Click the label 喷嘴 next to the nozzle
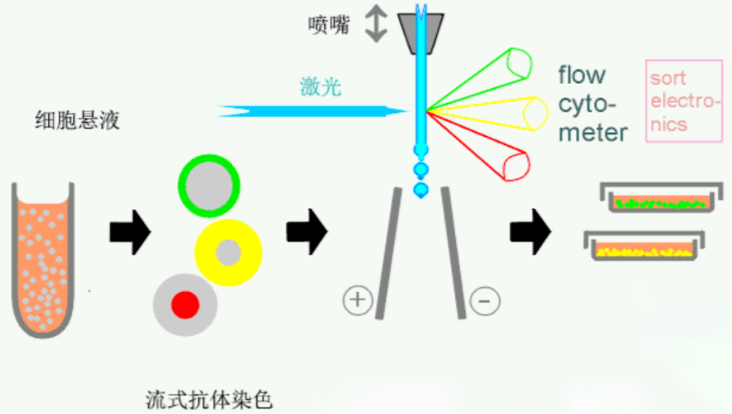tap(328, 25)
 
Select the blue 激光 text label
tap(320, 87)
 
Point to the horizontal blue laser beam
tap(313, 111)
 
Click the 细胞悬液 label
tap(77, 120)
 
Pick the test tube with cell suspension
tap(43, 260)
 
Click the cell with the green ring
tap(209, 186)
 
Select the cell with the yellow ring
tap(228, 253)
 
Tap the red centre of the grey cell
tap(186, 305)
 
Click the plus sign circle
tap(357, 300)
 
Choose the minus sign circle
tap(485, 301)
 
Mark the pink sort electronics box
tap(684, 100)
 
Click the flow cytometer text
tap(593, 104)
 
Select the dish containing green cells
tap(661, 197)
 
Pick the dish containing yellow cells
tap(644, 246)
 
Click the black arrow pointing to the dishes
tap(531, 231)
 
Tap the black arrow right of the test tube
tap(130, 232)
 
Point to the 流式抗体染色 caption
tap(209, 400)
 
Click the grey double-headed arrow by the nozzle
tap(376, 23)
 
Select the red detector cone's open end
tap(516, 168)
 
